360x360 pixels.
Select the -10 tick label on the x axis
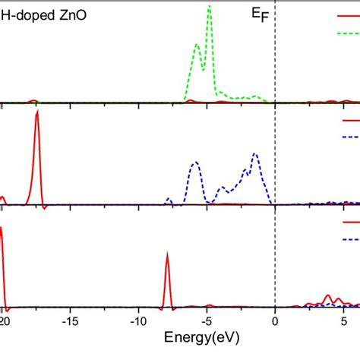137,321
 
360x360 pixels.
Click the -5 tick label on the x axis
206,321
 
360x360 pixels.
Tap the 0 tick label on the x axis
275,321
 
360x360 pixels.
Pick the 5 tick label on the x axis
343,321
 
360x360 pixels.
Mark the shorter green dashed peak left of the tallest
197,44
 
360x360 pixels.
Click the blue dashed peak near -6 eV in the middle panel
196,163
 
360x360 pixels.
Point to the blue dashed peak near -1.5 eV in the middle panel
255,154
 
